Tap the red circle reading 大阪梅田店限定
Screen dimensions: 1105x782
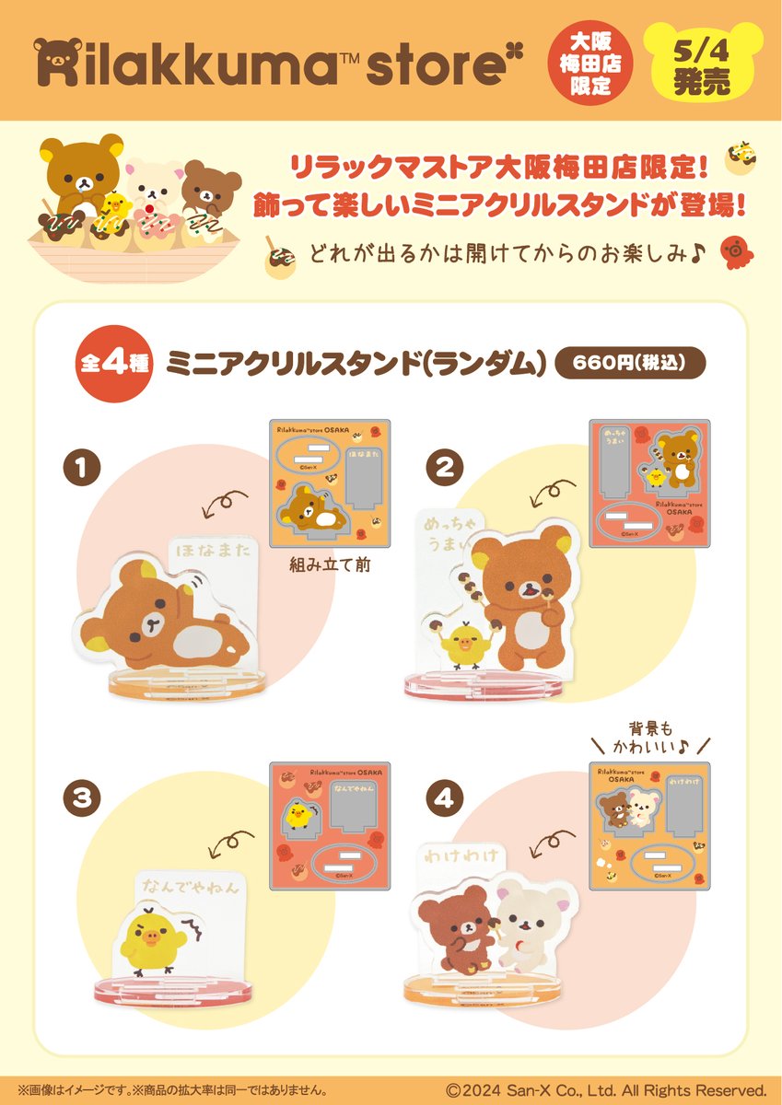(602, 61)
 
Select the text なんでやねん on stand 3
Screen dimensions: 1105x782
(192, 889)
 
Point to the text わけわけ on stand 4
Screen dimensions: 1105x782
(459, 857)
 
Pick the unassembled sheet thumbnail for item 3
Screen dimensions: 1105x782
(329, 821)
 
